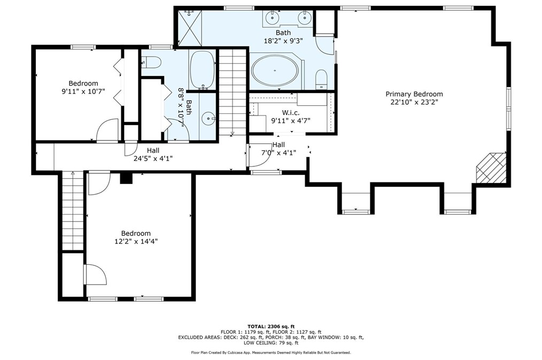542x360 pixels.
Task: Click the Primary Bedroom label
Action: tap(414, 94)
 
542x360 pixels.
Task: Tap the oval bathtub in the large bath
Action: tap(275, 71)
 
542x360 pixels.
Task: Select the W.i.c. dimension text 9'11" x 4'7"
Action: tap(291, 121)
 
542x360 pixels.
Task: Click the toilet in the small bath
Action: tap(151, 63)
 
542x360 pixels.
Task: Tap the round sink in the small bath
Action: tap(209, 119)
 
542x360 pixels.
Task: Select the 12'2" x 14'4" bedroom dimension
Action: tap(136, 241)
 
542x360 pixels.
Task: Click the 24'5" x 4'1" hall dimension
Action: tap(153, 158)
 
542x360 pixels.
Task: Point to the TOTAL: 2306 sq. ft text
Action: tap(271, 326)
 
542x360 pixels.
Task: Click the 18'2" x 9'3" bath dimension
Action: tap(283, 41)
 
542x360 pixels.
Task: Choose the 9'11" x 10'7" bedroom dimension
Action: tap(83, 91)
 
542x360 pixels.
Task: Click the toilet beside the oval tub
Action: tap(321, 80)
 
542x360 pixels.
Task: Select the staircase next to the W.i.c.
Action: tap(233, 91)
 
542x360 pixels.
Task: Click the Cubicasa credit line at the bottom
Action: tap(271, 353)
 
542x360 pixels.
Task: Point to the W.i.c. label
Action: tap(290, 113)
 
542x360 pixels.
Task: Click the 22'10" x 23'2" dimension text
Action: tap(414, 102)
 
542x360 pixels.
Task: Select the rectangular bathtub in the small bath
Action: tap(202, 70)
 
